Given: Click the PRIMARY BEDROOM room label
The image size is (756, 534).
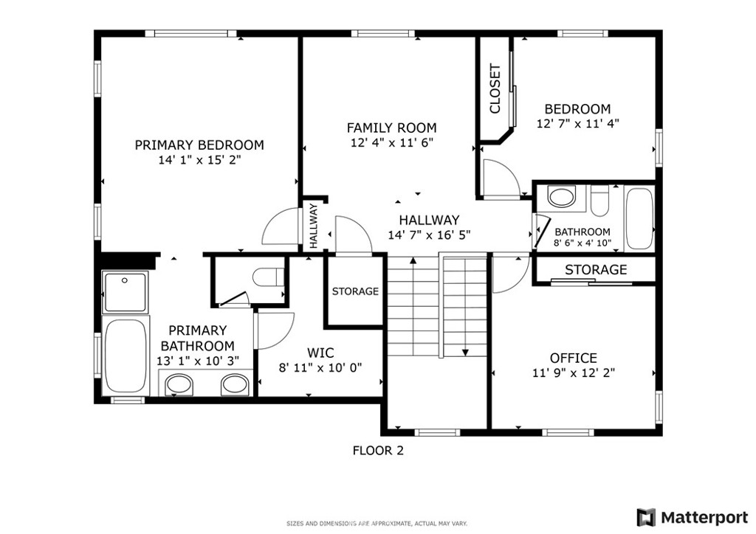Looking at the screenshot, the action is pos(199,145).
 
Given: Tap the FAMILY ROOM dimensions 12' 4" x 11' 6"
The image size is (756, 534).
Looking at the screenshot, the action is pos(392,142).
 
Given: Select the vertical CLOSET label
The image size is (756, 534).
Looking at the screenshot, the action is pos(495,89).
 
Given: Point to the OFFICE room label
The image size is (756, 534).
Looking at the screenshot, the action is pos(573,358).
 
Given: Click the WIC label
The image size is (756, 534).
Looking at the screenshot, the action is pos(320,353).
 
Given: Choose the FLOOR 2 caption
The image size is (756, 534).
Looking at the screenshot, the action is pos(378,451).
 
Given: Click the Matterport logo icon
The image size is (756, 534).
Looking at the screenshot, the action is pos(646,518).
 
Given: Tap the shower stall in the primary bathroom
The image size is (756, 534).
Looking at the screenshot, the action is pos(124,292).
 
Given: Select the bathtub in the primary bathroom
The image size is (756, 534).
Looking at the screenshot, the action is pos(126,356).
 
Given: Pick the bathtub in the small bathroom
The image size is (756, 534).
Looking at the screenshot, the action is pos(639,218).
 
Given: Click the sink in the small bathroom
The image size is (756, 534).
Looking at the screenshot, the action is pos(562,197).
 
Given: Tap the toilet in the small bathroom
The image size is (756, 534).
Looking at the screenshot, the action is pos(600,202).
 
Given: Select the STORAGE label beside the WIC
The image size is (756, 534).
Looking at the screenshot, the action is pos(355,291).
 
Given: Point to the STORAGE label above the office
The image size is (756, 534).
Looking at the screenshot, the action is pos(596,270).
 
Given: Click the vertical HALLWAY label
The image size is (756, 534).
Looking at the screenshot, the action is pos(313,226).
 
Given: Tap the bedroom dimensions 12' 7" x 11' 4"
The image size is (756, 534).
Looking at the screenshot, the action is pos(577,123).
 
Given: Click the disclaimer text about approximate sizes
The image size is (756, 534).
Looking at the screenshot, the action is pos(377,524).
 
